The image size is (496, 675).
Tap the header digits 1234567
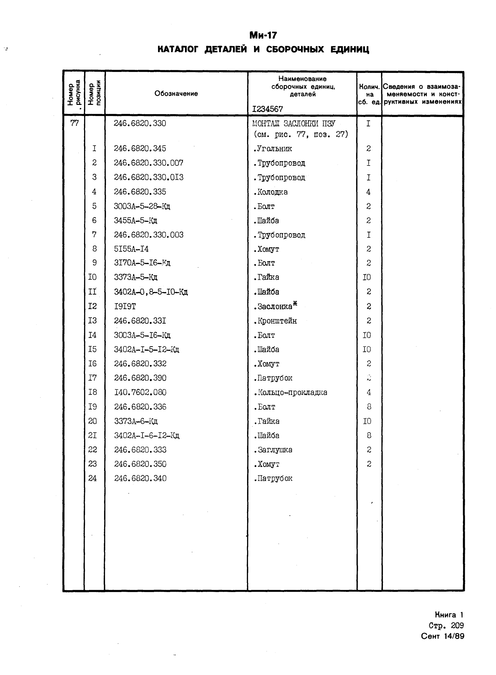(267, 109)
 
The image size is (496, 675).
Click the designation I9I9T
(125, 306)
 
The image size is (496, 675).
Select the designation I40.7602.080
(140, 392)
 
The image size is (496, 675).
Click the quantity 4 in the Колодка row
(368, 192)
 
